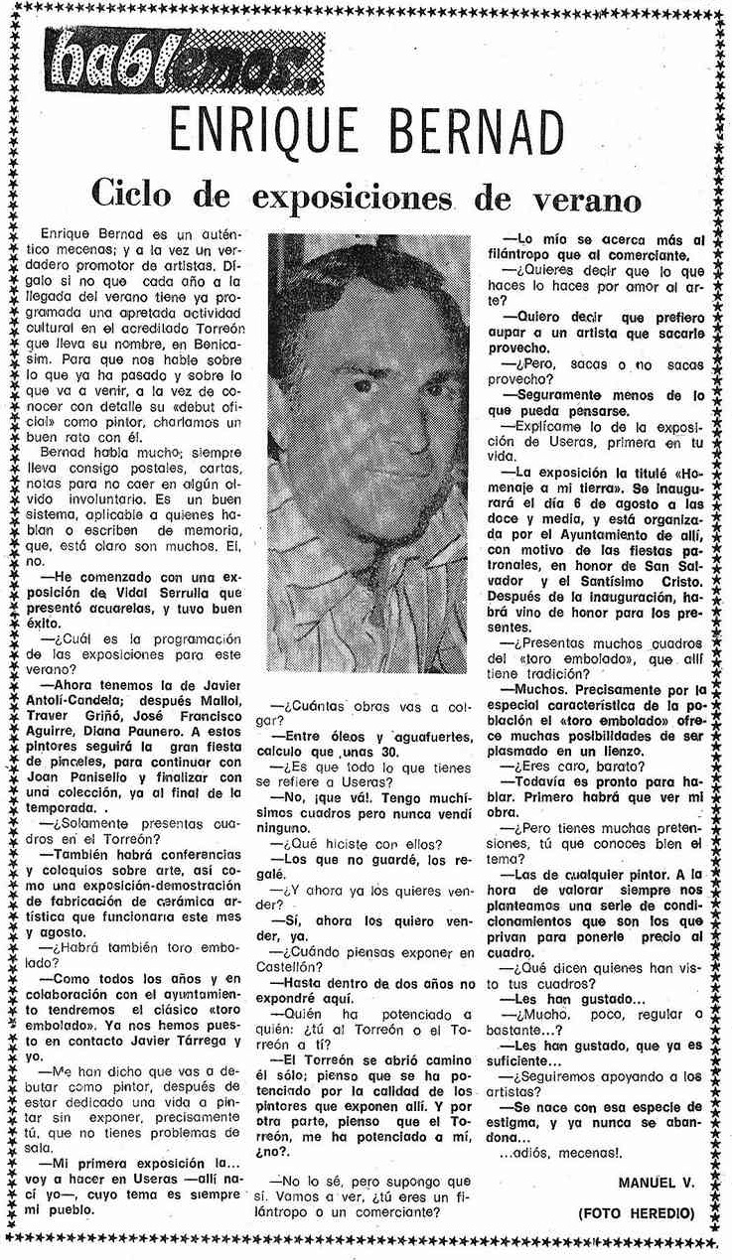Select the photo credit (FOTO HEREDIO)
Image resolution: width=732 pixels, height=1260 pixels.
(637, 1213)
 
